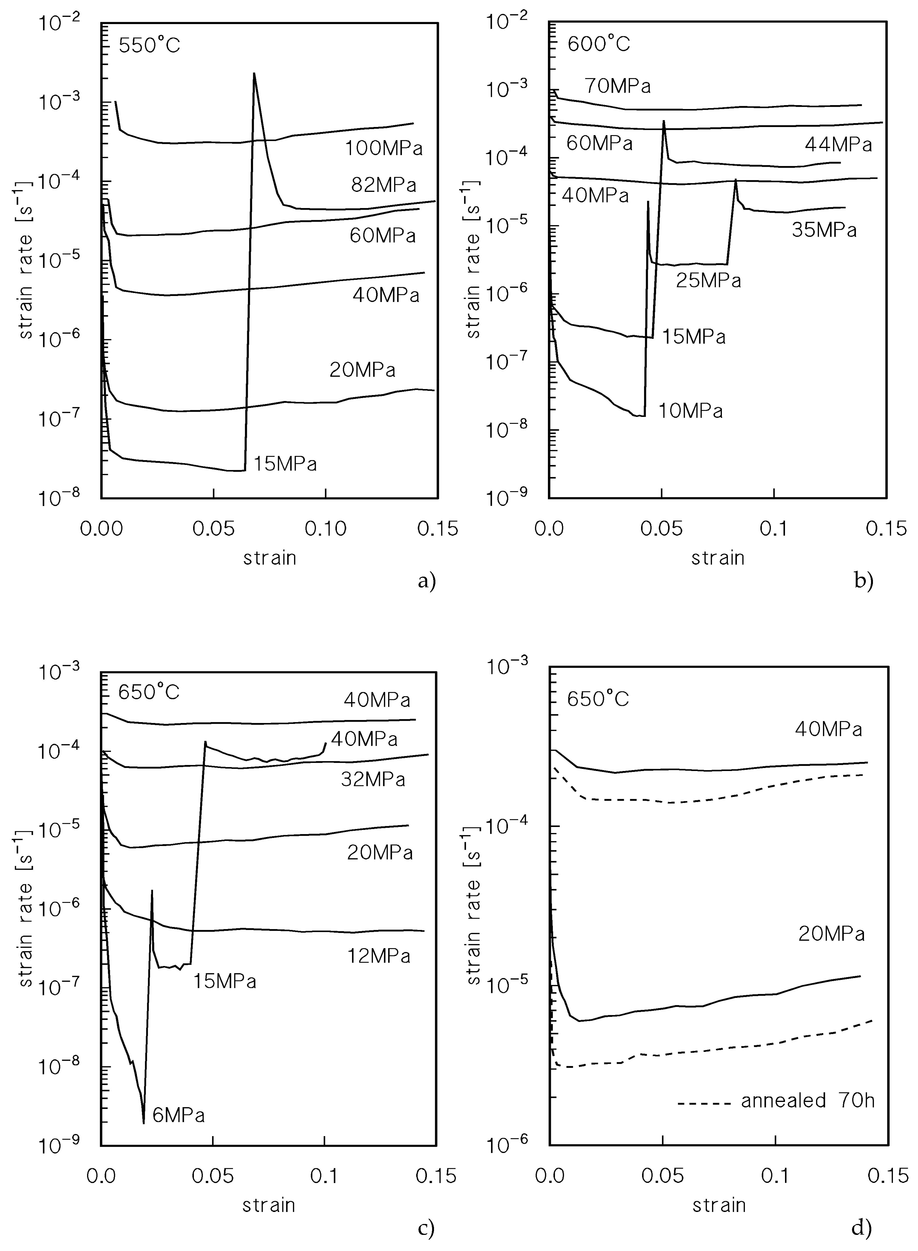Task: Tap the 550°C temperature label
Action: tap(149, 45)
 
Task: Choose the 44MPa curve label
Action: tap(838, 145)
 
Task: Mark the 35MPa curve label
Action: tap(824, 230)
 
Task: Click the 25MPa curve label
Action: tap(709, 280)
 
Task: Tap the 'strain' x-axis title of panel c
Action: tap(268, 1205)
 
